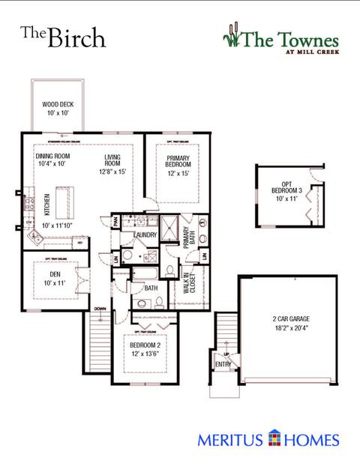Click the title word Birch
point(75,37)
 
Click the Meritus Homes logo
point(268,440)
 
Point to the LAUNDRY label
point(145,235)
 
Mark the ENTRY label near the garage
point(224,364)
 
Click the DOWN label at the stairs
point(100,308)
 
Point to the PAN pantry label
point(115,222)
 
